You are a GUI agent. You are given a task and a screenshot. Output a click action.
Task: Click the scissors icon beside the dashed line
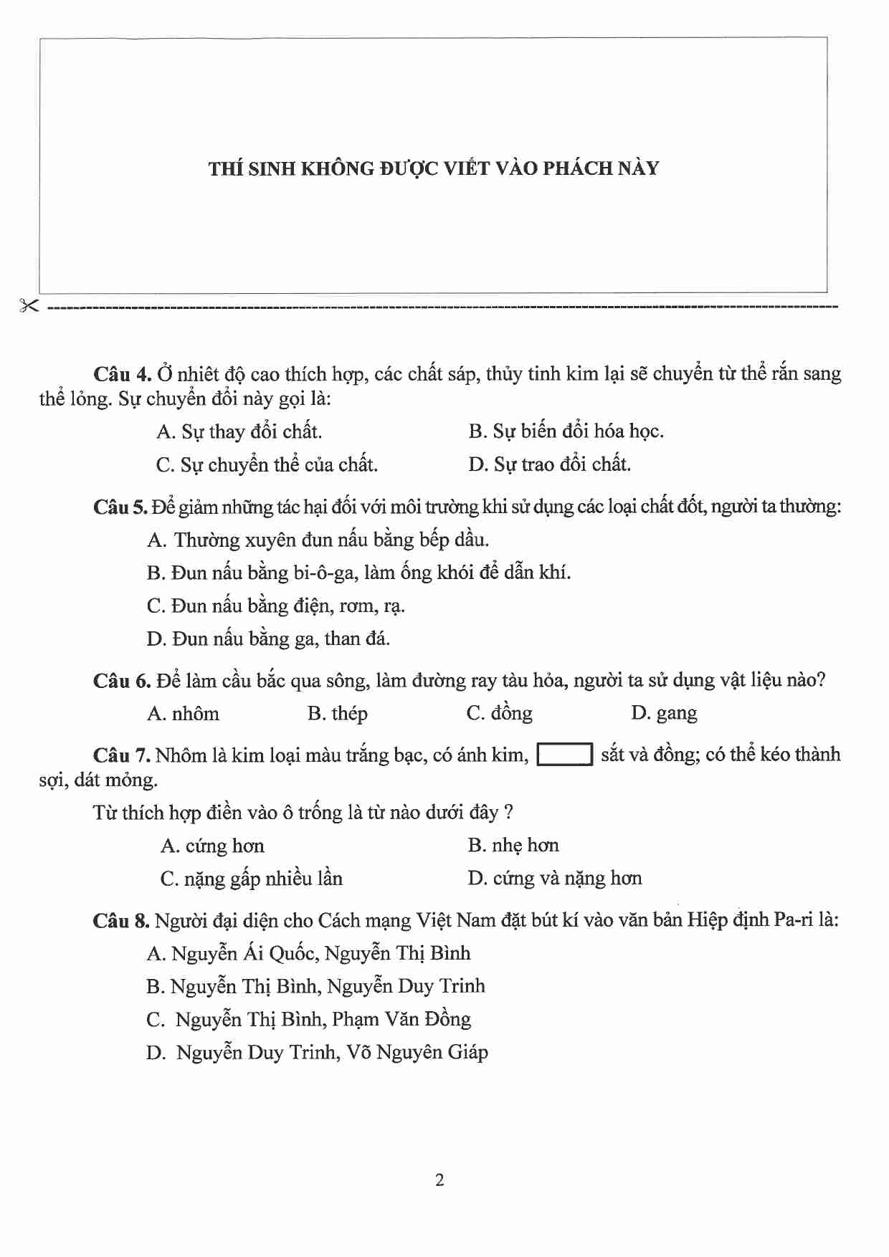(x=29, y=306)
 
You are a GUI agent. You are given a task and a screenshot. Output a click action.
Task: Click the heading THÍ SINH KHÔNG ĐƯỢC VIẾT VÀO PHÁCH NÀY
(x=434, y=168)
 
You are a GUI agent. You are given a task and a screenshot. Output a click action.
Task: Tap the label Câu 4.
(x=122, y=374)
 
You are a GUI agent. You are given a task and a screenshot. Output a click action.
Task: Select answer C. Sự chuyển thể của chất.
(x=267, y=465)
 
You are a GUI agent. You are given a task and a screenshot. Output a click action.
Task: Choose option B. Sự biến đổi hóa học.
(x=566, y=431)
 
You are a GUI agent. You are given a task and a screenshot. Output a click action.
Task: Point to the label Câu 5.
(x=120, y=507)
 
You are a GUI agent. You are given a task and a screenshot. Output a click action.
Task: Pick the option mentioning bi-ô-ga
(x=358, y=573)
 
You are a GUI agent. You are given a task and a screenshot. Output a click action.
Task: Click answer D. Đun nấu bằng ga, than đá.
(x=268, y=639)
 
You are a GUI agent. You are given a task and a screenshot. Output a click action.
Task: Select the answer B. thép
(x=337, y=714)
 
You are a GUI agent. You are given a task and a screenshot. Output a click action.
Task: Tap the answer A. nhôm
(x=183, y=714)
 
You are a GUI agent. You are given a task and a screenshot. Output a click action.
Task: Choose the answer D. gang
(x=664, y=714)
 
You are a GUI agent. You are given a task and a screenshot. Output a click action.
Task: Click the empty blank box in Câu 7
(x=565, y=755)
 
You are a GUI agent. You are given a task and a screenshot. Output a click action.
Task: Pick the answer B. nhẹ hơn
(x=513, y=846)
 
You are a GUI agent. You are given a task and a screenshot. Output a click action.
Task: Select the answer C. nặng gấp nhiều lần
(x=252, y=879)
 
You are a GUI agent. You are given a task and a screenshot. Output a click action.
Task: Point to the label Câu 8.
(x=120, y=921)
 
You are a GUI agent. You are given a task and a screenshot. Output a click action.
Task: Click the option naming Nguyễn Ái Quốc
(x=308, y=954)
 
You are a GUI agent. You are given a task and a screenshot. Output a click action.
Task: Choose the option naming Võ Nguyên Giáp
(x=318, y=1053)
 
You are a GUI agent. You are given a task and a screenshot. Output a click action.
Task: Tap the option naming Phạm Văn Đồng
(x=308, y=1020)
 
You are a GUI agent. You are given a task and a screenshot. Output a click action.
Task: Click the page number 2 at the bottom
(x=439, y=1180)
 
